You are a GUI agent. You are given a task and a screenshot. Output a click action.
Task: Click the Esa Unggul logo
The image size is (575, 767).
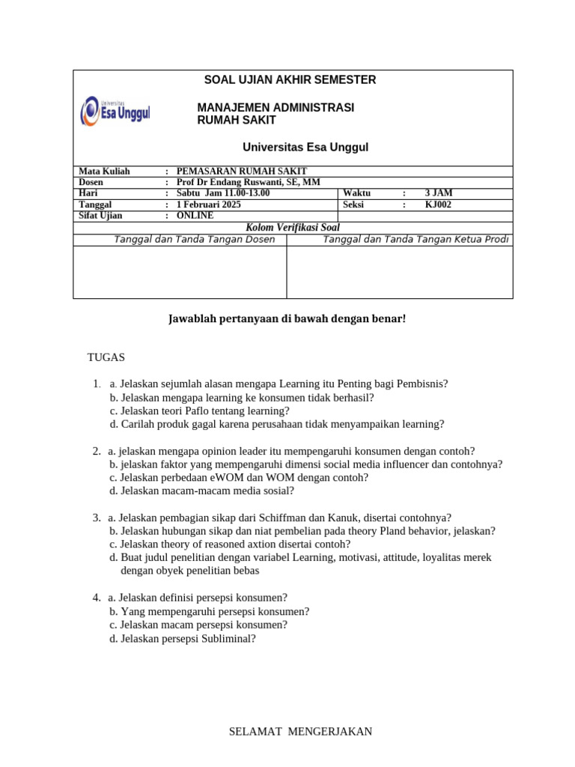[x=115, y=112]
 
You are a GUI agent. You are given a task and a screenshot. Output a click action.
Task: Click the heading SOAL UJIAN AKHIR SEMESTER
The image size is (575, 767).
[x=290, y=80]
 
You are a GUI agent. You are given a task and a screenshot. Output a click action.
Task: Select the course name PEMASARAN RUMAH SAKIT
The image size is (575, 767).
[x=241, y=172]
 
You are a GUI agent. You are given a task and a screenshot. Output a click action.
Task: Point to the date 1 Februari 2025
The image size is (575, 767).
[x=209, y=204]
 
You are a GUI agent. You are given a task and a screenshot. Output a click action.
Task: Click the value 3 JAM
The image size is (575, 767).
[x=439, y=193]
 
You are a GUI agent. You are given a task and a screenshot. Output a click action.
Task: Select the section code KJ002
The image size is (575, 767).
[x=439, y=204]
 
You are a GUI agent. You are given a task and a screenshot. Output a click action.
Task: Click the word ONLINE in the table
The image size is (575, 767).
[x=195, y=216]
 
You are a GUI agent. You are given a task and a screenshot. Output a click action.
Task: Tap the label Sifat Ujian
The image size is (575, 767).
[x=100, y=216]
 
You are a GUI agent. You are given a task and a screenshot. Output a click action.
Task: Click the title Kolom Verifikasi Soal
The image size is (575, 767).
[x=293, y=228]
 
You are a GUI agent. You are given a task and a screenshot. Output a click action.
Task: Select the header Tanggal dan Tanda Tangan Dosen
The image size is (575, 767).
[x=194, y=240]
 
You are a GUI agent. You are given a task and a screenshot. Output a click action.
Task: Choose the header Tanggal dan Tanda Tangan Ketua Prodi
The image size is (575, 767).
[x=416, y=240]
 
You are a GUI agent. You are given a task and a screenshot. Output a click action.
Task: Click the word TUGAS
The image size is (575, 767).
[x=106, y=357]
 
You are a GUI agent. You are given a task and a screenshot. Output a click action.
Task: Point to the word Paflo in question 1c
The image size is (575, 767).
[x=190, y=410]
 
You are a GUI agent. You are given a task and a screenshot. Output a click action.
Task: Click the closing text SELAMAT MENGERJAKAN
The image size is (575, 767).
[x=300, y=732]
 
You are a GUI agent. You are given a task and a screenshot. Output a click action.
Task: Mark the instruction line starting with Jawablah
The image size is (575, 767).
[x=286, y=319]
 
